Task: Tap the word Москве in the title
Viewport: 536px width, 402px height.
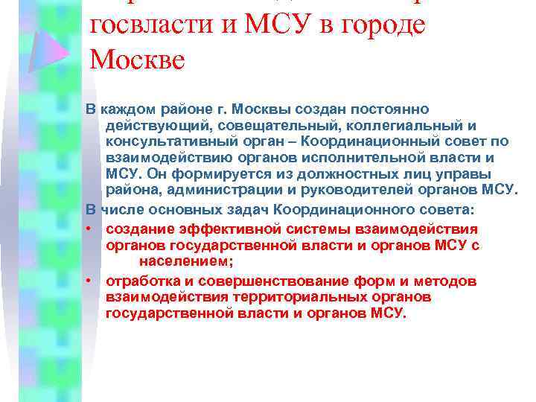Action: [x=137, y=58]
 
